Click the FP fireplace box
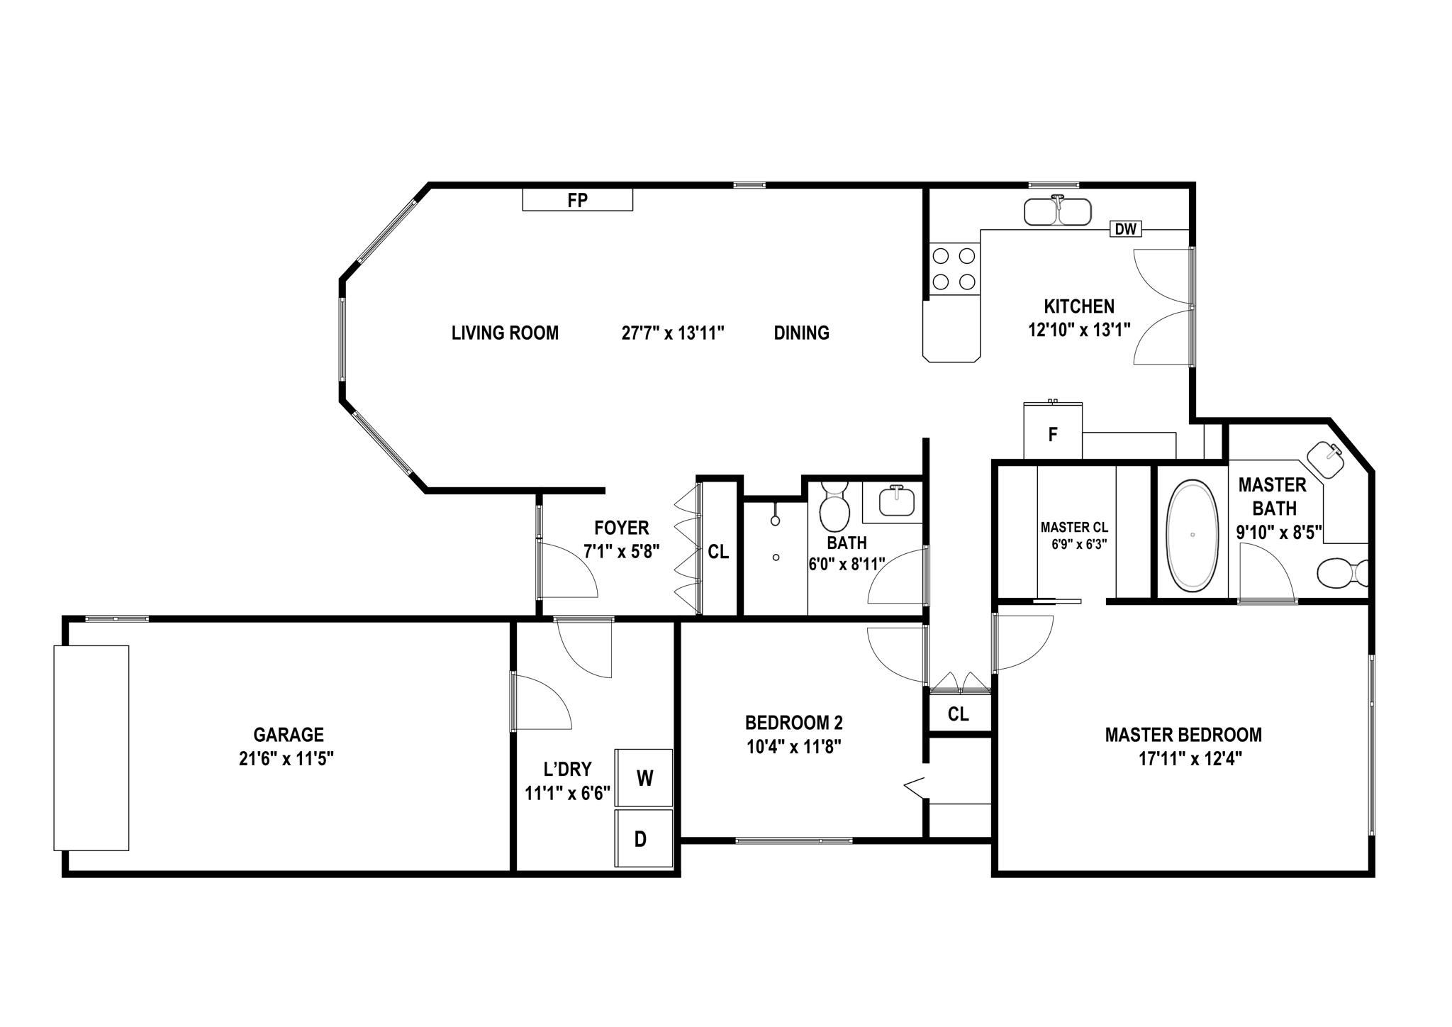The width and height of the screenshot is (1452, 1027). pos(577,199)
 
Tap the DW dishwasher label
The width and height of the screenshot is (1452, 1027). pos(1125,229)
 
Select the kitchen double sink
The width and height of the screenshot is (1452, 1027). pos(1057,211)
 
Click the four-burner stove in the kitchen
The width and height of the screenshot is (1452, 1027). pos(953,268)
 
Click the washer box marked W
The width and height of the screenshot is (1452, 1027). pos(644,777)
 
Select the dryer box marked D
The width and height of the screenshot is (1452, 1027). pos(642,838)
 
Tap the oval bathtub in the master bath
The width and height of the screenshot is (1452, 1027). pos(1193,535)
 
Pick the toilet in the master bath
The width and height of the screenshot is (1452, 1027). pos(1339,573)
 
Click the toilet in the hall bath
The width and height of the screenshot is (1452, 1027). pos(834,506)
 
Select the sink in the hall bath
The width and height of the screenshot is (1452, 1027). pos(897,502)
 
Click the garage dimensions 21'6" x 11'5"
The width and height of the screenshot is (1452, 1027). pos(286,758)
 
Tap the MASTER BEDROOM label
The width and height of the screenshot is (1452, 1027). pos(1183,734)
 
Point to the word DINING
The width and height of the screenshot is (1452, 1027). pos(801,333)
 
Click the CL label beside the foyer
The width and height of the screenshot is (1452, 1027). pos(718,551)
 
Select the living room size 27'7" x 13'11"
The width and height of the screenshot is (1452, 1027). pos(672,333)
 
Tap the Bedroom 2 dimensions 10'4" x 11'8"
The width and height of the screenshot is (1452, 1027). pos(793,746)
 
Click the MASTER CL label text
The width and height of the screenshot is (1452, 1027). pos(1073,527)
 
